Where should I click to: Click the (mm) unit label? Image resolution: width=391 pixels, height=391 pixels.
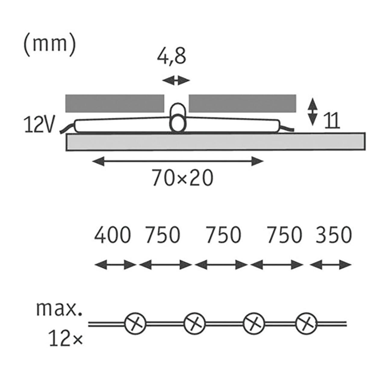point(50,47)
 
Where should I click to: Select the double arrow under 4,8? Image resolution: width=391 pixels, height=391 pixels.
point(176,81)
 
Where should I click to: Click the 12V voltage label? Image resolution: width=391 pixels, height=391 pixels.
point(39,125)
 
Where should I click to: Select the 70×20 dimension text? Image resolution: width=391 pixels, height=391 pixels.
point(183,178)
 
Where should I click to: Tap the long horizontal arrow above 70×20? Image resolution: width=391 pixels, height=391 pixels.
point(178,161)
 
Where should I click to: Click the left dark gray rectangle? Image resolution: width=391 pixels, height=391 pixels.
point(115,103)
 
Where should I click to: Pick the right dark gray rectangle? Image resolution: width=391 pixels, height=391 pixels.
point(243,103)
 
